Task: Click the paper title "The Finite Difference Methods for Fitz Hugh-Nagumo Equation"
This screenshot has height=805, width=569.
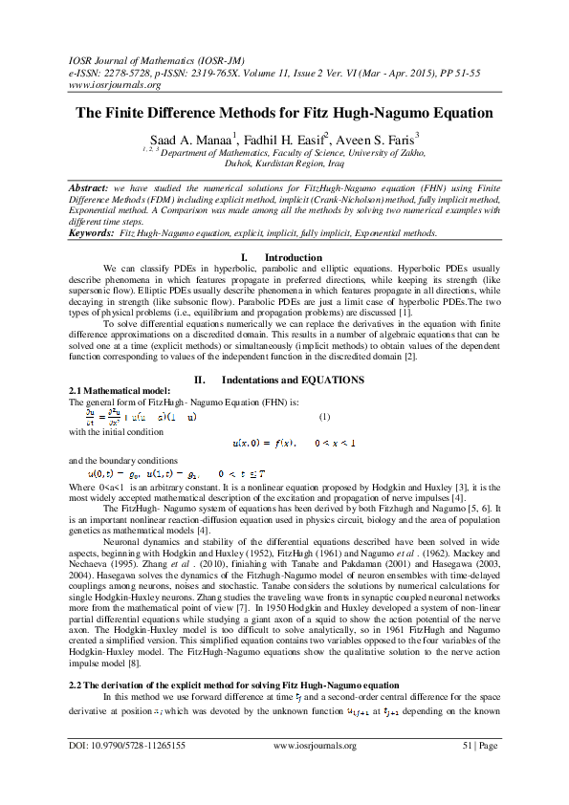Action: pyautogui.click(x=284, y=113)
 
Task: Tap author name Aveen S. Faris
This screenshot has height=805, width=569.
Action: pyautogui.click(x=383, y=140)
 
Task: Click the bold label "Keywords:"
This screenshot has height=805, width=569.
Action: pyautogui.click(x=92, y=232)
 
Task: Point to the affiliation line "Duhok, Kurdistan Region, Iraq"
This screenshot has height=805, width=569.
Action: pyautogui.click(x=284, y=163)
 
